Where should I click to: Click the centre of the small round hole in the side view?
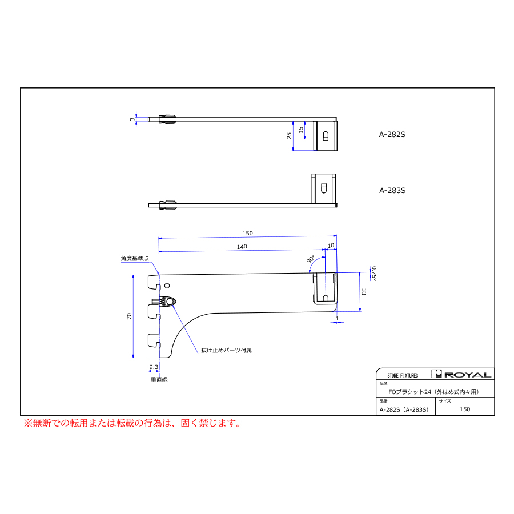(x=167, y=286)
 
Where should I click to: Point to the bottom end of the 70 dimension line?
(x=133, y=358)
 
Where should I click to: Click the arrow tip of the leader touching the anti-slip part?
(x=172, y=305)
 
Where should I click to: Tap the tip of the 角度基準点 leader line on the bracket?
(x=159, y=274)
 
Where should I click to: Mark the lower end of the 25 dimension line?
(x=293, y=150)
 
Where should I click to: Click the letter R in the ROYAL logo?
(x=449, y=375)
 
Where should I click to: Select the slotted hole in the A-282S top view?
(x=326, y=136)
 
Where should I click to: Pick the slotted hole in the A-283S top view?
(x=324, y=188)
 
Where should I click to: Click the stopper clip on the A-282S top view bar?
(x=167, y=119)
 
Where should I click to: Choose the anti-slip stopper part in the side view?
(x=164, y=301)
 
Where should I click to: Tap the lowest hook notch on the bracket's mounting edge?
(x=154, y=340)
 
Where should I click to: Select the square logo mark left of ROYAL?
(x=436, y=374)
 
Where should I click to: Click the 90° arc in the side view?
(x=314, y=263)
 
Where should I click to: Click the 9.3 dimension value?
(x=154, y=367)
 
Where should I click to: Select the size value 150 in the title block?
(x=465, y=409)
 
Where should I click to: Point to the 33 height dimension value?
(x=363, y=292)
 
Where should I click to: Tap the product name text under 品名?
(x=433, y=392)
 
